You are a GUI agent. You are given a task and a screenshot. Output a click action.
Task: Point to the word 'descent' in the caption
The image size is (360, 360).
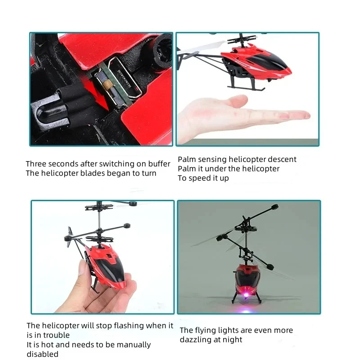tap(282, 159)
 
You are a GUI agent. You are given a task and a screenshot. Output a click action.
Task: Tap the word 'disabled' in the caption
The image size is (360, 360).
tap(43, 354)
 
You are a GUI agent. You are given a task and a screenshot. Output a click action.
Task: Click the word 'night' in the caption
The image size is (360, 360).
tap(232, 340)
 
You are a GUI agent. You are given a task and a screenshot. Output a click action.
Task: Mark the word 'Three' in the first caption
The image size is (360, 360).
tap(36, 164)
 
